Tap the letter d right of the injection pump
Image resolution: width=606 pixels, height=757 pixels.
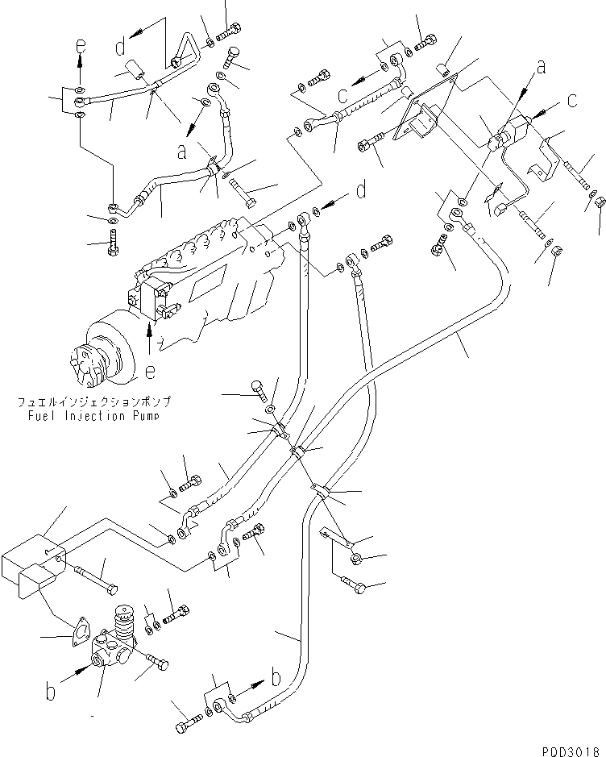coord(361,192)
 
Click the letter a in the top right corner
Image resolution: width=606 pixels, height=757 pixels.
coord(541,67)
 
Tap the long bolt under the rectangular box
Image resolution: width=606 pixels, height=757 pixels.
coord(97,576)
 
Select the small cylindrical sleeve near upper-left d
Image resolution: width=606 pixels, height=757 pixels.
coord(133,70)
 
